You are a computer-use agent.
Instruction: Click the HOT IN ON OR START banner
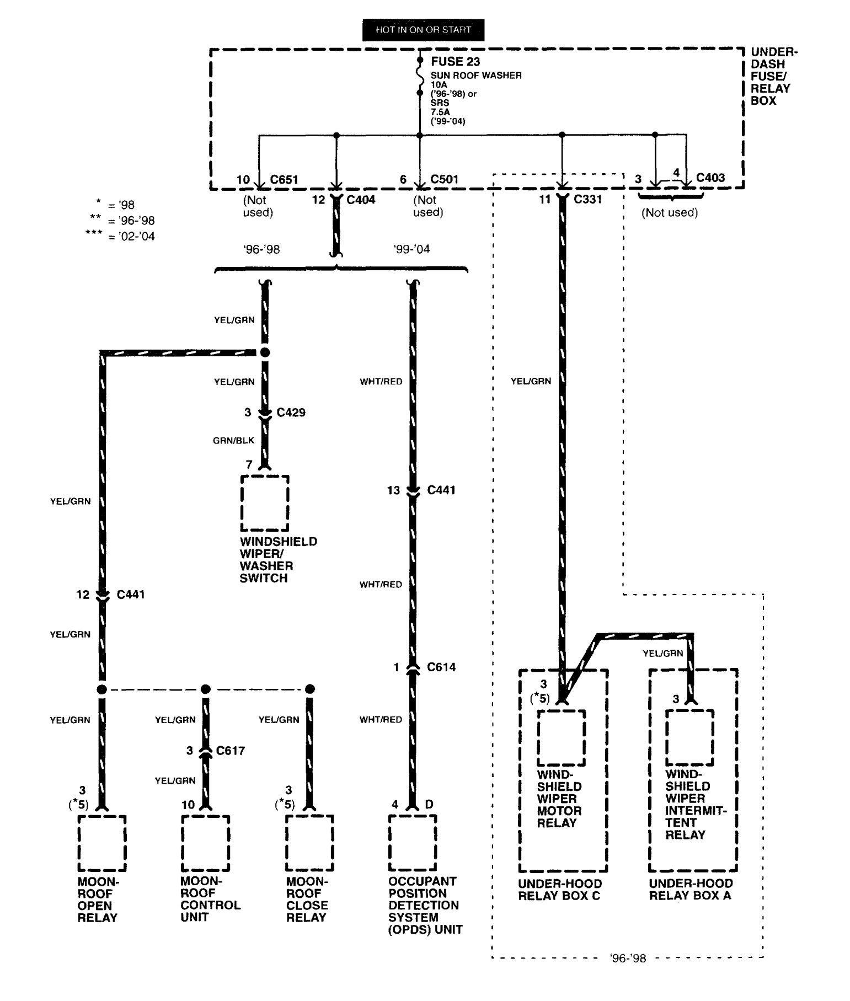(x=423, y=30)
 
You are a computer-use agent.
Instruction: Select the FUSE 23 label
(x=456, y=62)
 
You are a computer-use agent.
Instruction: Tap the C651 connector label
(x=284, y=180)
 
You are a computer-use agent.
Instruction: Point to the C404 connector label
(x=361, y=199)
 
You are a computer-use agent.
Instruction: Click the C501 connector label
(x=445, y=179)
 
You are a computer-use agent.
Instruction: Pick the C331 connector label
(x=588, y=199)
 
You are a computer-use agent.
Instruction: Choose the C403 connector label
(x=710, y=178)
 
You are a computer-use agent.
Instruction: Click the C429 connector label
(x=291, y=413)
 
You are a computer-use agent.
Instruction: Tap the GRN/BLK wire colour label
(x=234, y=440)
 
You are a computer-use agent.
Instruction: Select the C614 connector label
(x=442, y=667)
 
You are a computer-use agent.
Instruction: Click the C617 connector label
(x=231, y=751)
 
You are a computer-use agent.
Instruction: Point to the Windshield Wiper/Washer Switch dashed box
(x=265, y=503)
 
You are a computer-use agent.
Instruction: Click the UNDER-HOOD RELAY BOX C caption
(x=559, y=890)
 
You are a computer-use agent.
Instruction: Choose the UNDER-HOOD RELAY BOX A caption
(x=691, y=890)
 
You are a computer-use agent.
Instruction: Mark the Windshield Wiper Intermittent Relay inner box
(x=689, y=737)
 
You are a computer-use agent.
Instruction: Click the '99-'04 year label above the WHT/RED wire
(x=412, y=249)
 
